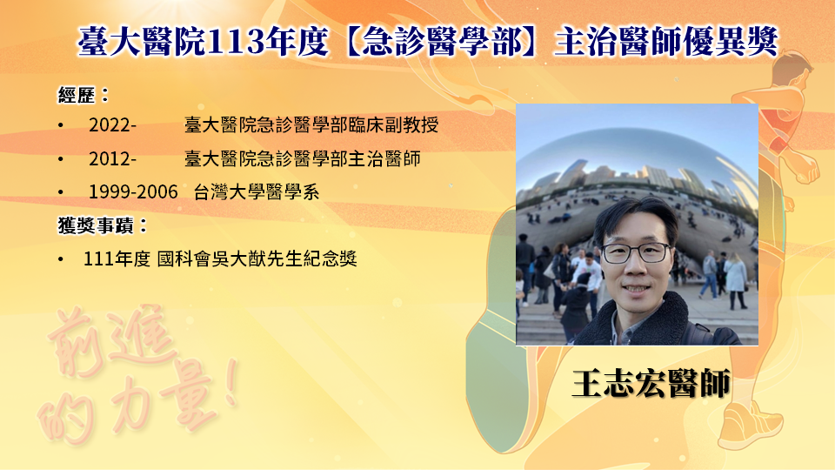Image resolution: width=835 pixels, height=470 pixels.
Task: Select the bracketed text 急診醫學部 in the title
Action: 441,42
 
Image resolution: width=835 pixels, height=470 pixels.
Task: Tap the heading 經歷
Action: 77,96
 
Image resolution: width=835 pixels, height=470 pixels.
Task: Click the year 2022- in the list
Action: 112,125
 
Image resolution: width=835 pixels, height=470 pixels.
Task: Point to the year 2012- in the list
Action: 112,158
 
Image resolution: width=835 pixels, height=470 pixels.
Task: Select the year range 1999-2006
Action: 133,191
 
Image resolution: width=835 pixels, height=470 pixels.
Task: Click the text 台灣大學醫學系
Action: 256,191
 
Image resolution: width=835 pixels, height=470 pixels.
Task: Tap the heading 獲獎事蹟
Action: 96,225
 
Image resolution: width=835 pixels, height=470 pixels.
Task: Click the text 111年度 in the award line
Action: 117,259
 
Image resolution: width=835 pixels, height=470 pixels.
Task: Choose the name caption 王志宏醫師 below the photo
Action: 651,383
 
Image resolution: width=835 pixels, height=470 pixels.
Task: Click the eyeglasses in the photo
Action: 635,253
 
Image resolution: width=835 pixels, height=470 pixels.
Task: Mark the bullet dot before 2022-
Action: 61,125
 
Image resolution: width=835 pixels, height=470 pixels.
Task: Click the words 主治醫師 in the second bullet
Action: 384,158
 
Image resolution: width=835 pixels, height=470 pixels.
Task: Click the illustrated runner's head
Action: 792,70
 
